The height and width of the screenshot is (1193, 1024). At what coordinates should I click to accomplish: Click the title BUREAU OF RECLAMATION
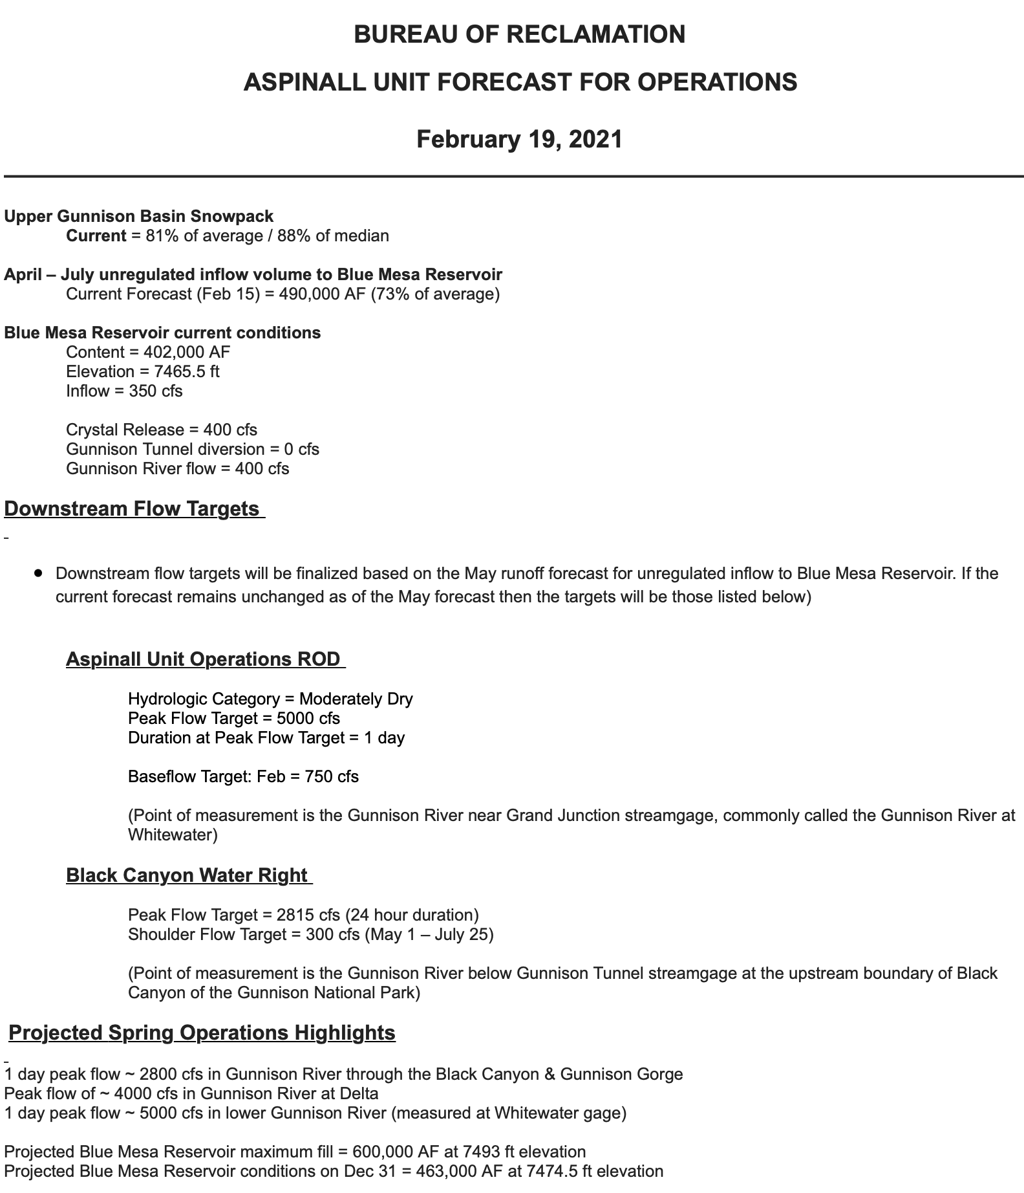519,34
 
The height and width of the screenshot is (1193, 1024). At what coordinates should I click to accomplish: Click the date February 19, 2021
519,139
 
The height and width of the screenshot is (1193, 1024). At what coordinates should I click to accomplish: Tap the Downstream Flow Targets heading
132,509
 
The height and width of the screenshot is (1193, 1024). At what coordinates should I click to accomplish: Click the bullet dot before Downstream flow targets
40,573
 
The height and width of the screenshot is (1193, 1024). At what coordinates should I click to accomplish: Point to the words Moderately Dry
356,699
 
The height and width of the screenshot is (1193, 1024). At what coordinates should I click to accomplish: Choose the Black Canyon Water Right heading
187,875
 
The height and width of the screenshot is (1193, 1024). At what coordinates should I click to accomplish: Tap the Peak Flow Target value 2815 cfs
308,915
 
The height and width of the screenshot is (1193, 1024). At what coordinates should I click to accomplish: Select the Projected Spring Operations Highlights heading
202,1033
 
